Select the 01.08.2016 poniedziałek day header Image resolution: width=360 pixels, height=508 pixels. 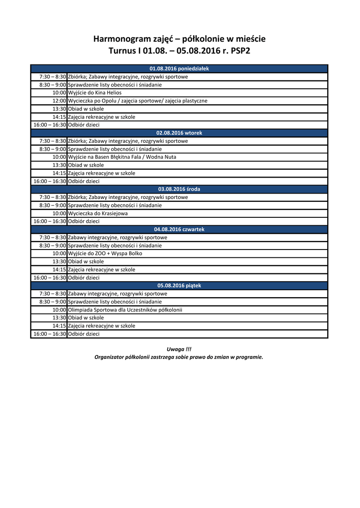point(179,68)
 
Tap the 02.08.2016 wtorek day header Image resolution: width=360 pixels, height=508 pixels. point(179,133)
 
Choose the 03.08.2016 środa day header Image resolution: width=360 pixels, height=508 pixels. point(179,189)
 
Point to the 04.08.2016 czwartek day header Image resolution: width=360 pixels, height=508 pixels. point(179,229)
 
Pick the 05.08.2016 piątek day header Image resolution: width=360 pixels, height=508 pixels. point(179,285)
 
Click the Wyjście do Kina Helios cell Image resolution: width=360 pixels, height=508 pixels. point(95,93)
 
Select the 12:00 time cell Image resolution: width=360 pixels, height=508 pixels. point(59,101)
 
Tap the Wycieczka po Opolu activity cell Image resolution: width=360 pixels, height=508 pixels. point(138,101)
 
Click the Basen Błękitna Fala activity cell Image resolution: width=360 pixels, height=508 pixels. point(122,157)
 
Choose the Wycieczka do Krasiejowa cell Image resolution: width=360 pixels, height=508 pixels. point(98,213)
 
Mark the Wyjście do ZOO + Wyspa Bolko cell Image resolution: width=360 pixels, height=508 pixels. point(105,254)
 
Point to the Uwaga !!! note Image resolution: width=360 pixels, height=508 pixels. point(179,349)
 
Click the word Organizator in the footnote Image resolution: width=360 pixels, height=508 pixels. point(109,357)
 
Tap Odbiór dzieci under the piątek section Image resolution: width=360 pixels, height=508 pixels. point(83,334)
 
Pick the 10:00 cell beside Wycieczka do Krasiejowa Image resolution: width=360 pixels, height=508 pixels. point(59,213)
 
